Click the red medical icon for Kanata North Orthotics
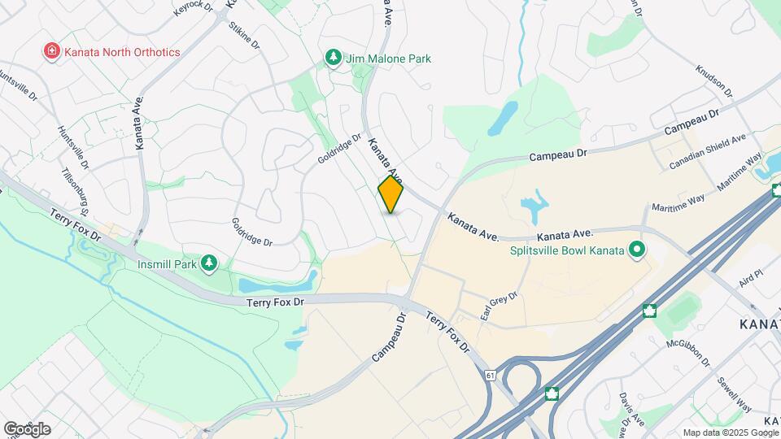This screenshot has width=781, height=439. click(51, 52)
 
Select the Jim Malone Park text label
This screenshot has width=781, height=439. click(388, 59)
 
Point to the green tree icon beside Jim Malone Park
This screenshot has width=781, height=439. click(332, 57)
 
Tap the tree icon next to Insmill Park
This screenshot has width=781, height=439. click(210, 263)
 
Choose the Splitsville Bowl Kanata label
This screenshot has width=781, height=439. click(567, 250)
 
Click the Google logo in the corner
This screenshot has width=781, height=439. click(27, 428)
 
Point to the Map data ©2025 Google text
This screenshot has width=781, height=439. click(729, 432)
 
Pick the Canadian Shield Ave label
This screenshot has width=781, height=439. click(707, 152)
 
